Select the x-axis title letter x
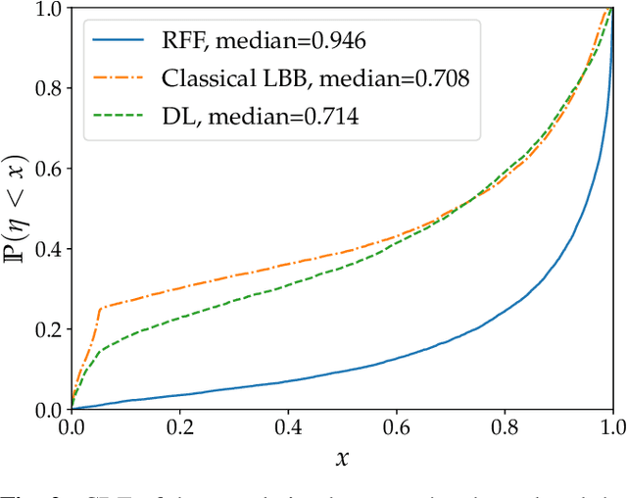[342, 457]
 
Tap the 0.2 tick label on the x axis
[179, 427]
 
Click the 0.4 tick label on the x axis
[288, 427]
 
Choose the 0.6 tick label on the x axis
[396, 427]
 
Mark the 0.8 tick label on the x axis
[505, 427]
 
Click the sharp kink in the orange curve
[100, 308]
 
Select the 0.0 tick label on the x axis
[72, 427]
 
